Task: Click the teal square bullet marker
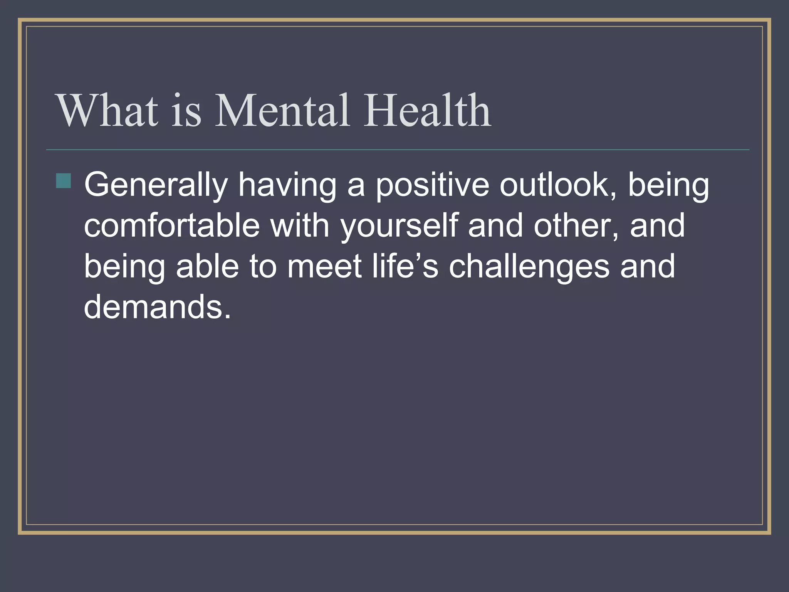point(64,181)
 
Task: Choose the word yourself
point(399,226)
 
